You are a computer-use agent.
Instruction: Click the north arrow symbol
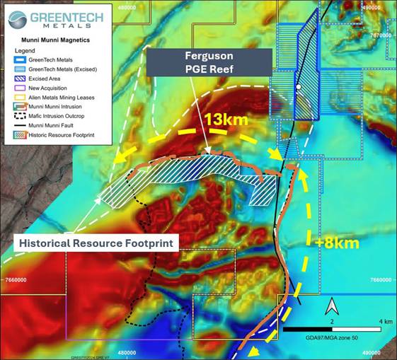click(330, 307)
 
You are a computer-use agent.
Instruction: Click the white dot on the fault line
click(299, 87)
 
